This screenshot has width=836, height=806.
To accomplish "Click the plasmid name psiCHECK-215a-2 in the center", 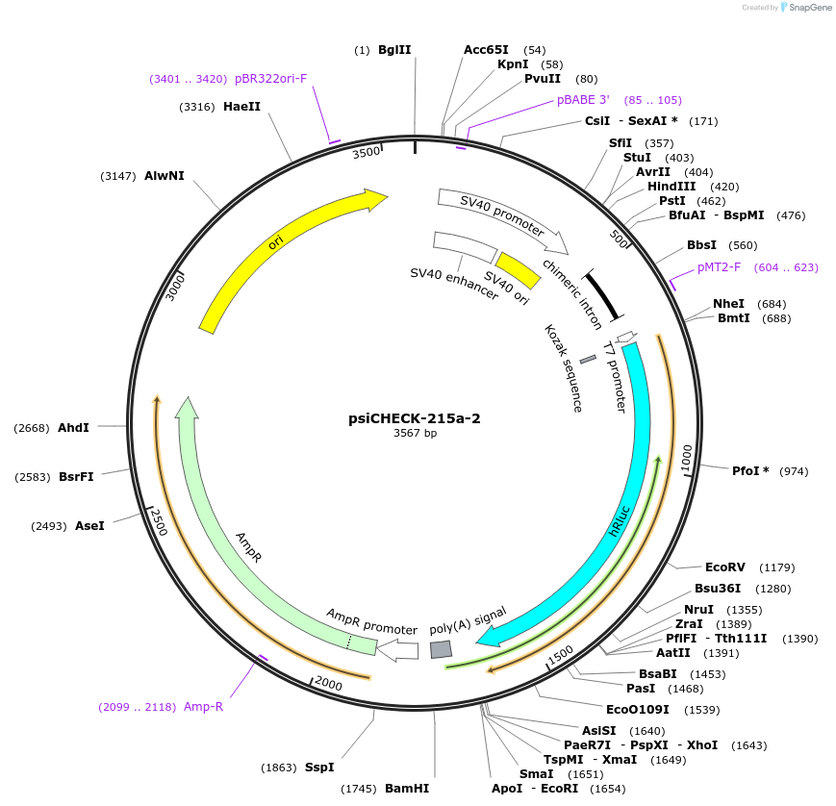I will pos(415,419).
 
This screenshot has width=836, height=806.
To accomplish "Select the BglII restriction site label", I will pos(394,49).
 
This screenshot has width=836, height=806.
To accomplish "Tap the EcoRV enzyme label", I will pos(723,567).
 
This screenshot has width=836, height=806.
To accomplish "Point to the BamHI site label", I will pos(407,789).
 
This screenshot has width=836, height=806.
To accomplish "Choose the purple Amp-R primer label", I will pos(203,707).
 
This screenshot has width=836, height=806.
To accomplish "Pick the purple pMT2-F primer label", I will pos(720,267).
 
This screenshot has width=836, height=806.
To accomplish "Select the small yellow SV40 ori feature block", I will pos(517,270).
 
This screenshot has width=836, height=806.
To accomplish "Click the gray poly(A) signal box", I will pos(441,650).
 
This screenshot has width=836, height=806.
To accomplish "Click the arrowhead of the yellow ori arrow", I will pos(375,198).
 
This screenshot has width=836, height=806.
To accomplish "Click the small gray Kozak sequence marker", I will pos(588,359).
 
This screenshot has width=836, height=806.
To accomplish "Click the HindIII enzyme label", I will pos(671,187).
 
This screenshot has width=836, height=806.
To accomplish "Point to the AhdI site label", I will pos(73,427).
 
